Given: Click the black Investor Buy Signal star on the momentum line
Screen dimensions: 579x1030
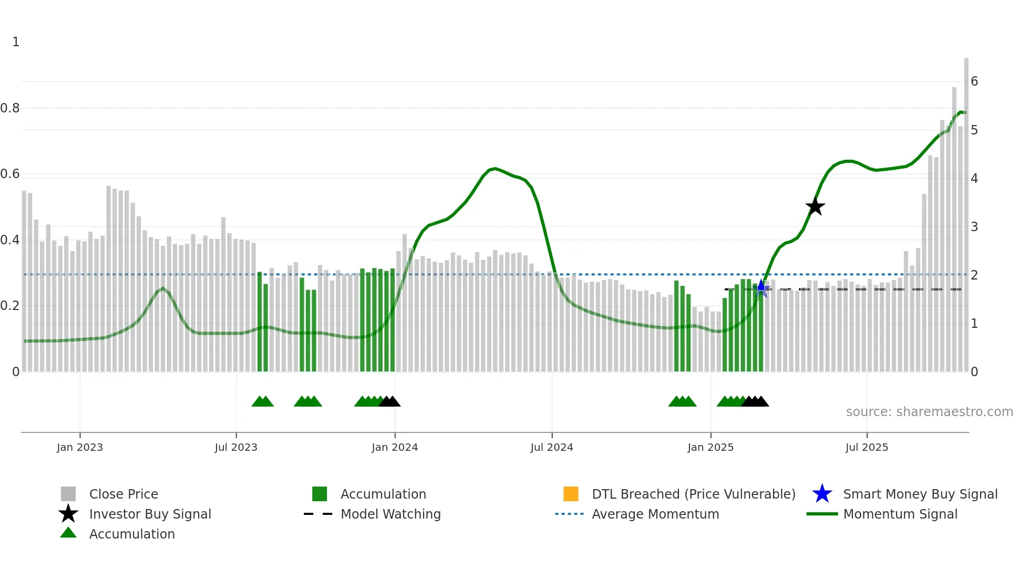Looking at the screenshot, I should tap(815, 207).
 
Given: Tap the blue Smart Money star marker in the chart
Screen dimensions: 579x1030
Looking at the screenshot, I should tap(761, 288).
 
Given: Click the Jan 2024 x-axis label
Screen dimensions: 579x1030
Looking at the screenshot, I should tap(395, 447).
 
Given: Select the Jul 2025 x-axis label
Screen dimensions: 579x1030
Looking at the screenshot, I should tap(867, 447).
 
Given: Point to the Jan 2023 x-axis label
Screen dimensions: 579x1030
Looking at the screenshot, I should tap(80, 447).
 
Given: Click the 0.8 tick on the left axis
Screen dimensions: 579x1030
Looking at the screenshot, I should tap(10, 108).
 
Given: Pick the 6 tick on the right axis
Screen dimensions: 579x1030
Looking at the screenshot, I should tap(974, 81).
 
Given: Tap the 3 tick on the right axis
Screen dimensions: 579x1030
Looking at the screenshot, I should tap(974, 227).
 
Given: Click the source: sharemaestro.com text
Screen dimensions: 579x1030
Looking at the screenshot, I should tap(929, 412).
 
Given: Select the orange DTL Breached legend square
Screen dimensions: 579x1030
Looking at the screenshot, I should tap(571, 494).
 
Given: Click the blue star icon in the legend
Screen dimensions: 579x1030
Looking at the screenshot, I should tap(822, 494).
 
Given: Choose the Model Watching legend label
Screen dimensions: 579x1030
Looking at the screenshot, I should tap(390, 514).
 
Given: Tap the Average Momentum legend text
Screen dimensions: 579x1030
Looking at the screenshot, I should tap(655, 514).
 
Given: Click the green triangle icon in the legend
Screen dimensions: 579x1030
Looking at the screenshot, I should tap(68, 533).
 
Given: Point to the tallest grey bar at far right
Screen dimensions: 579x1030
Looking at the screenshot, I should tap(966, 210).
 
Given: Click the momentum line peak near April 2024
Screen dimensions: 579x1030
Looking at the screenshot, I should tap(495, 169).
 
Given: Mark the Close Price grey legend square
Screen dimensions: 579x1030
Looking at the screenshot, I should tap(68, 494).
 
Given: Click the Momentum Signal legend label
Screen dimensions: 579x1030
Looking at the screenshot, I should tap(900, 514).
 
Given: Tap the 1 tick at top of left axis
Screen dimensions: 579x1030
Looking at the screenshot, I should tap(16, 42).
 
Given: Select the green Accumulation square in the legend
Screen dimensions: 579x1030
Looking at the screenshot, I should tap(320, 494).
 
